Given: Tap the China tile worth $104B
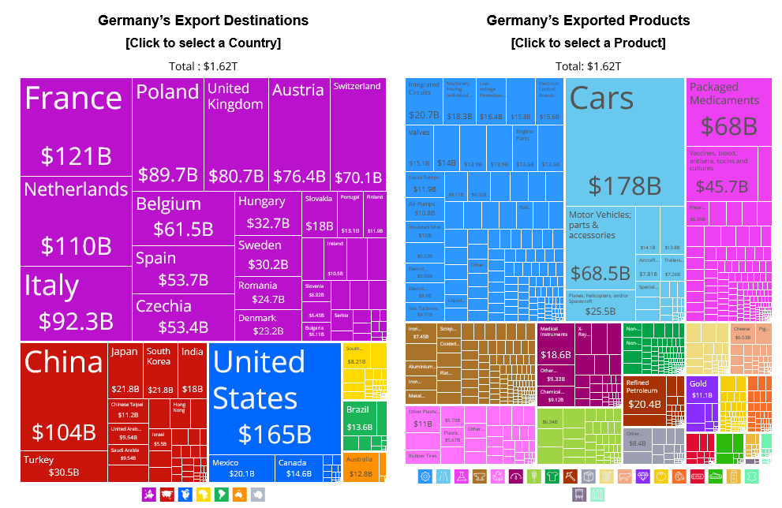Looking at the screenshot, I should coord(63,394).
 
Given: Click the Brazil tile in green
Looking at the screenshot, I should coord(364,418).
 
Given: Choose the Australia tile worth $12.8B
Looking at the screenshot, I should coord(364,465).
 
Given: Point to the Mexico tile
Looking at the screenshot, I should coord(241,468).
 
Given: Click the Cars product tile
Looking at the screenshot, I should coord(624,142).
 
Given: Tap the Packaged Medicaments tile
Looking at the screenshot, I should coord(729,110).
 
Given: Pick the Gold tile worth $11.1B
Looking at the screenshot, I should coord(701,390).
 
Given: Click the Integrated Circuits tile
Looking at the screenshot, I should coord(425,99).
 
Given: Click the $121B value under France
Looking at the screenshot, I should coord(76,155).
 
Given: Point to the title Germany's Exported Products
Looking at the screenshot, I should coord(588,21).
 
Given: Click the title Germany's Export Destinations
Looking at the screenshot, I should coord(203,21).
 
